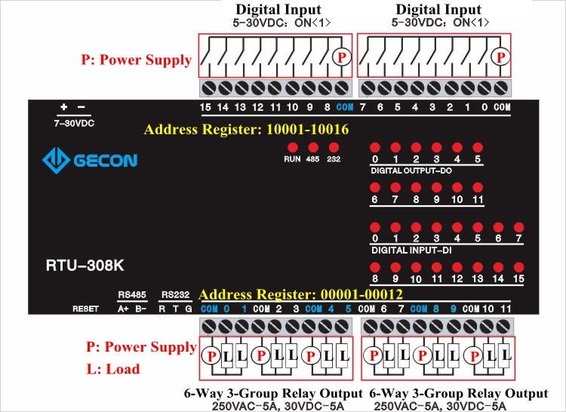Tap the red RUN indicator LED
point(292,147)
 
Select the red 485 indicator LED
point(312,147)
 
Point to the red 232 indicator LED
point(333,147)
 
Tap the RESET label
point(85,309)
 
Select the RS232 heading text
point(175,294)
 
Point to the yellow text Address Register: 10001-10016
point(246,130)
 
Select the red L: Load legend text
point(113,370)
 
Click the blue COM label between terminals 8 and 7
point(344,107)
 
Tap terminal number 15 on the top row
point(205,107)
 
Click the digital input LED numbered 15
point(518,266)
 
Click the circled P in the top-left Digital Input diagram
point(341,57)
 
